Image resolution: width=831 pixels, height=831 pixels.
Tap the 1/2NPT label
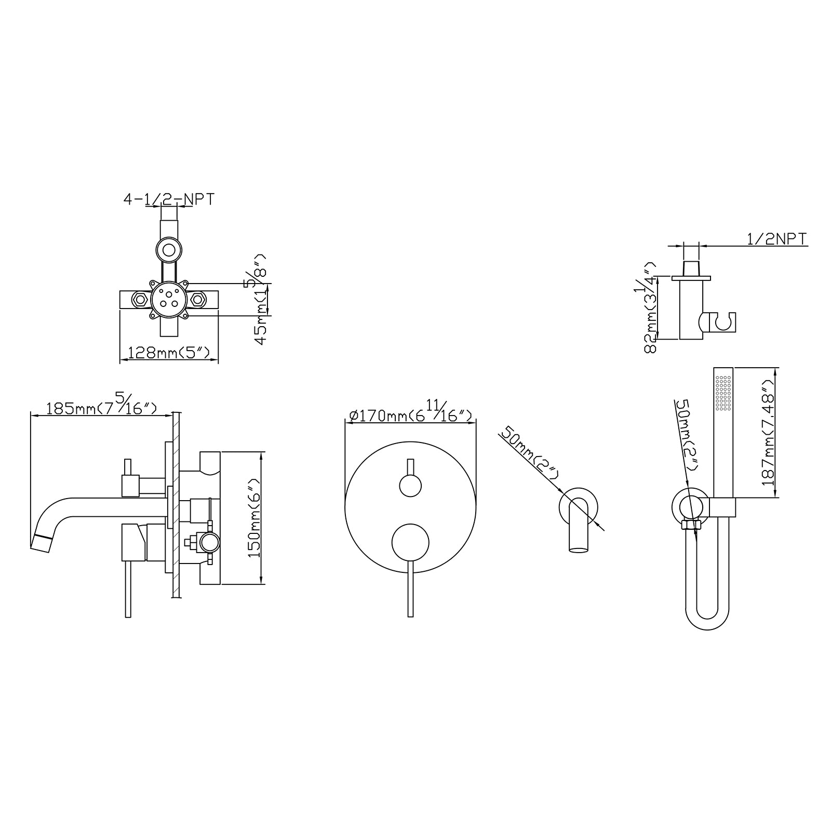pyautogui.click(x=776, y=239)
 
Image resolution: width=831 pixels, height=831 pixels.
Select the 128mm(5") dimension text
pyautogui.click(x=169, y=353)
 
